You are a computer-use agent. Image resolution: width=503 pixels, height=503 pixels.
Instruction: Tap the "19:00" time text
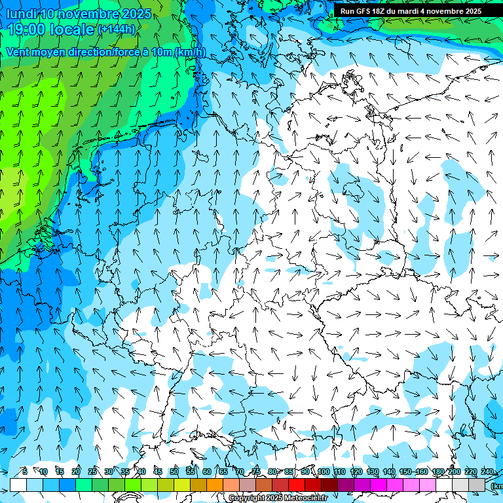point(27,29)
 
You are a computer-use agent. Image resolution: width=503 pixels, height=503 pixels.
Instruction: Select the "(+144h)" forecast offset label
point(117,29)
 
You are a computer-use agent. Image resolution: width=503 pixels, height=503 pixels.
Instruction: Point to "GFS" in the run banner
point(366,11)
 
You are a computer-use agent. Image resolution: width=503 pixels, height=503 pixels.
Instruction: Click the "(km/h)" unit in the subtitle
point(190,52)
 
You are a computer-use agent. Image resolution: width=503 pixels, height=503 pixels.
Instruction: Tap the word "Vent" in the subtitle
point(18,52)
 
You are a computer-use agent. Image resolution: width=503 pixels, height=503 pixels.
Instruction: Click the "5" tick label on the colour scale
point(24,472)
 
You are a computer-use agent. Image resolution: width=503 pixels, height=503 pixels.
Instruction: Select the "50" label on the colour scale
point(174,472)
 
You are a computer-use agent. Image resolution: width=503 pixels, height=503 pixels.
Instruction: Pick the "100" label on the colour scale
point(324,472)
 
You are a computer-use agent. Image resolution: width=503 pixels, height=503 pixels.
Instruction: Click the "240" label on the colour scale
point(487,472)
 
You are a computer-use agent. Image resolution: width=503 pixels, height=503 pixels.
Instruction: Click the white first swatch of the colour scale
point(18,485)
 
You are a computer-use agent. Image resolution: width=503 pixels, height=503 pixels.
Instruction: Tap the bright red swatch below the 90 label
point(297,485)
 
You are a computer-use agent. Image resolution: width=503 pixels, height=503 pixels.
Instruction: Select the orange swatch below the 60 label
point(215,485)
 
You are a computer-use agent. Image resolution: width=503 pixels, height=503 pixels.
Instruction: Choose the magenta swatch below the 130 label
point(379,485)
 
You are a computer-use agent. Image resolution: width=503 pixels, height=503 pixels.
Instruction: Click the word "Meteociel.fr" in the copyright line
point(305,498)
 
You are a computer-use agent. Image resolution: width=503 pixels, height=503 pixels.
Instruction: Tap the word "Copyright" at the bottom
point(248,498)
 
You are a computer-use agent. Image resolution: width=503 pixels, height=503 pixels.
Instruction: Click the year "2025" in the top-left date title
point(136,14)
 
